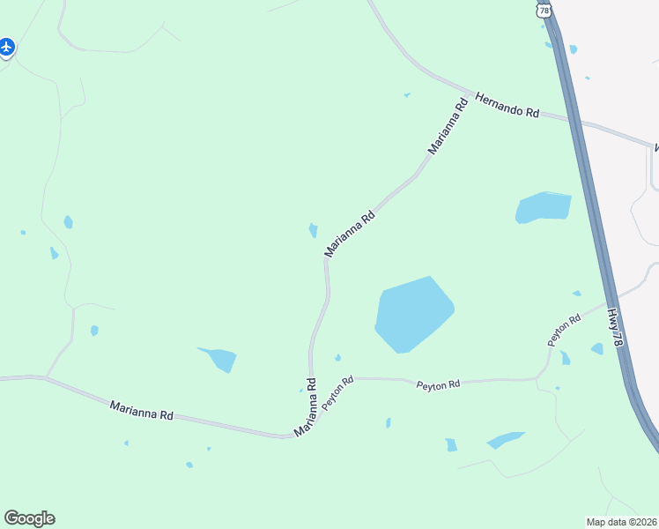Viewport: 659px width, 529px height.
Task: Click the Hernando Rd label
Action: click(507, 106)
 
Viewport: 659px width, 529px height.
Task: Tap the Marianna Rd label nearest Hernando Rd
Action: click(448, 128)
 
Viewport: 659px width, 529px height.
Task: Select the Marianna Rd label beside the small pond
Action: click(350, 234)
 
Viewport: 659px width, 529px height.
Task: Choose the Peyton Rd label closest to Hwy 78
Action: click(564, 329)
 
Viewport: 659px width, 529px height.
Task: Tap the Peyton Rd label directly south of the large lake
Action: click(438, 384)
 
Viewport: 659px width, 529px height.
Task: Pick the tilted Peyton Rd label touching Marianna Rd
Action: click(337, 392)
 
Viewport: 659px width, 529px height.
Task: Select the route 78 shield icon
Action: click(544, 10)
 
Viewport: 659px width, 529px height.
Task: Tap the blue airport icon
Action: click(7, 47)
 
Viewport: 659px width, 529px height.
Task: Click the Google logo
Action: click(29, 518)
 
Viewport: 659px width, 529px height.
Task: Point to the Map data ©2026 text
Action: click(621, 521)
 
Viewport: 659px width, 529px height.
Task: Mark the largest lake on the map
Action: click(412, 315)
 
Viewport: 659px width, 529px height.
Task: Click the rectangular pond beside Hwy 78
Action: click(544, 207)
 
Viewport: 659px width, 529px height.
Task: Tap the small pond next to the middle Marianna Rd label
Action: click(313, 230)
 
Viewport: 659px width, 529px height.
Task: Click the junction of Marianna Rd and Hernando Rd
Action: click(469, 91)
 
